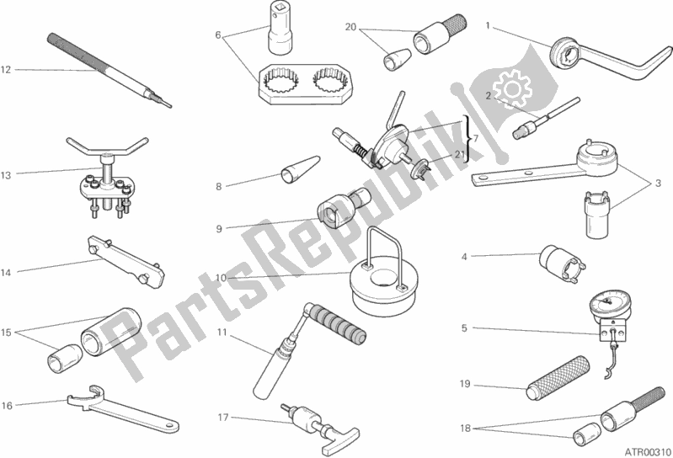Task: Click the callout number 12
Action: [x=6, y=70]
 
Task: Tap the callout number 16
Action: [x=7, y=405]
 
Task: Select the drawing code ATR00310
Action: [x=647, y=451]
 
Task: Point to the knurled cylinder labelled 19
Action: [x=558, y=378]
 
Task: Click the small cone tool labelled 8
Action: [x=301, y=169]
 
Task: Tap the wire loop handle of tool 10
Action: [x=384, y=258]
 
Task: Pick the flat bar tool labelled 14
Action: [x=126, y=262]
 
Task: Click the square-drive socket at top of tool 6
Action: [x=280, y=28]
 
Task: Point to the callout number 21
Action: [x=460, y=154]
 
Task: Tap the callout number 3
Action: [x=658, y=184]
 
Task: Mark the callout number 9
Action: [x=219, y=229]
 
